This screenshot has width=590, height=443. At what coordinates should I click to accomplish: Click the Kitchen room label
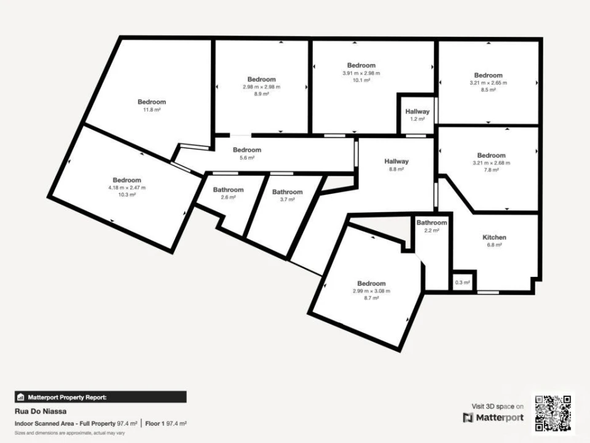[494, 237]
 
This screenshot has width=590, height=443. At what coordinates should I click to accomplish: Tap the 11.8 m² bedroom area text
[152, 110]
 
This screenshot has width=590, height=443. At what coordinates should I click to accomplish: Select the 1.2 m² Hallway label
[417, 111]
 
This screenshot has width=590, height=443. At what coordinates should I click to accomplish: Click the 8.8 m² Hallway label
[396, 162]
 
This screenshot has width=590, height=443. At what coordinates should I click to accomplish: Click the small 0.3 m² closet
[462, 282]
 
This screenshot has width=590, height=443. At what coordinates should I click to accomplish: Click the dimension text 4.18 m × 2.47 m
[127, 187]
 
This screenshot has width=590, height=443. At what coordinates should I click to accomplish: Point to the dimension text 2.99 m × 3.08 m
[371, 291]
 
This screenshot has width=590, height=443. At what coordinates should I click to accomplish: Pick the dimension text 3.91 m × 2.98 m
[361, 73]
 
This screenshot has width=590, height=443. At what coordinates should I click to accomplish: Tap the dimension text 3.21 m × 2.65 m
[488, 82]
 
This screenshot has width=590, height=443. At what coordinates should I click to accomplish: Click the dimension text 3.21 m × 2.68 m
[491, 162]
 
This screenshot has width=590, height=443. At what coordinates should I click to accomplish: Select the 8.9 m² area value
[261, 94]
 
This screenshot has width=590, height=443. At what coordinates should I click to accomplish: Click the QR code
[554, 412]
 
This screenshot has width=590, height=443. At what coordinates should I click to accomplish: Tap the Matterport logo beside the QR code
[494, 417]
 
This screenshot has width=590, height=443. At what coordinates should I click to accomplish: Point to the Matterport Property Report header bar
[100, 397]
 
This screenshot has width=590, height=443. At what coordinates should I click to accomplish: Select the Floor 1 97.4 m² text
[166, 424]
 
